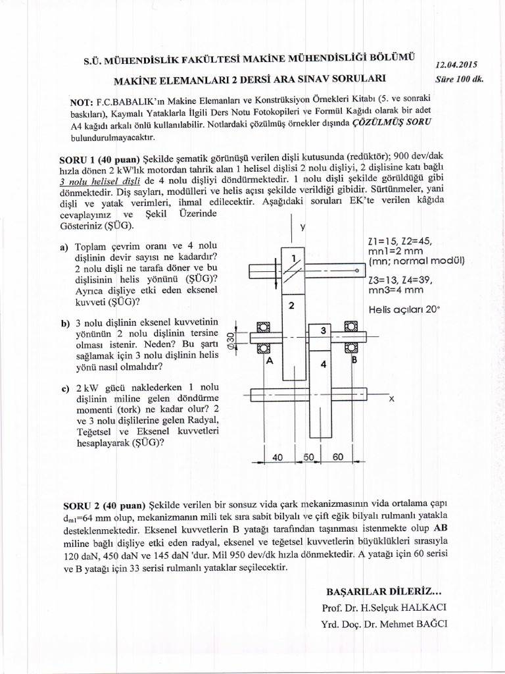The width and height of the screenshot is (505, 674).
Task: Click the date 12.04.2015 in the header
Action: coord(456,65)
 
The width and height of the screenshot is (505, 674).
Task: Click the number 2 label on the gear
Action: coord(291,306)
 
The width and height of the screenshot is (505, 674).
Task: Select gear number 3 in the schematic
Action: coord(324,330)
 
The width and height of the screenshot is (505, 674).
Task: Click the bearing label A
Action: coord(268,361)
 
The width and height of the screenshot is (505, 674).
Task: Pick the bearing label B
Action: coord(353,360)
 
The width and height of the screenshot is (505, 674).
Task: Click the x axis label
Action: coord(391,398)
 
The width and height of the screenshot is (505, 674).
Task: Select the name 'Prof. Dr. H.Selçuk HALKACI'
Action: coord(384,607)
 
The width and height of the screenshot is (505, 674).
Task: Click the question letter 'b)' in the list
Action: coord(66,324)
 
